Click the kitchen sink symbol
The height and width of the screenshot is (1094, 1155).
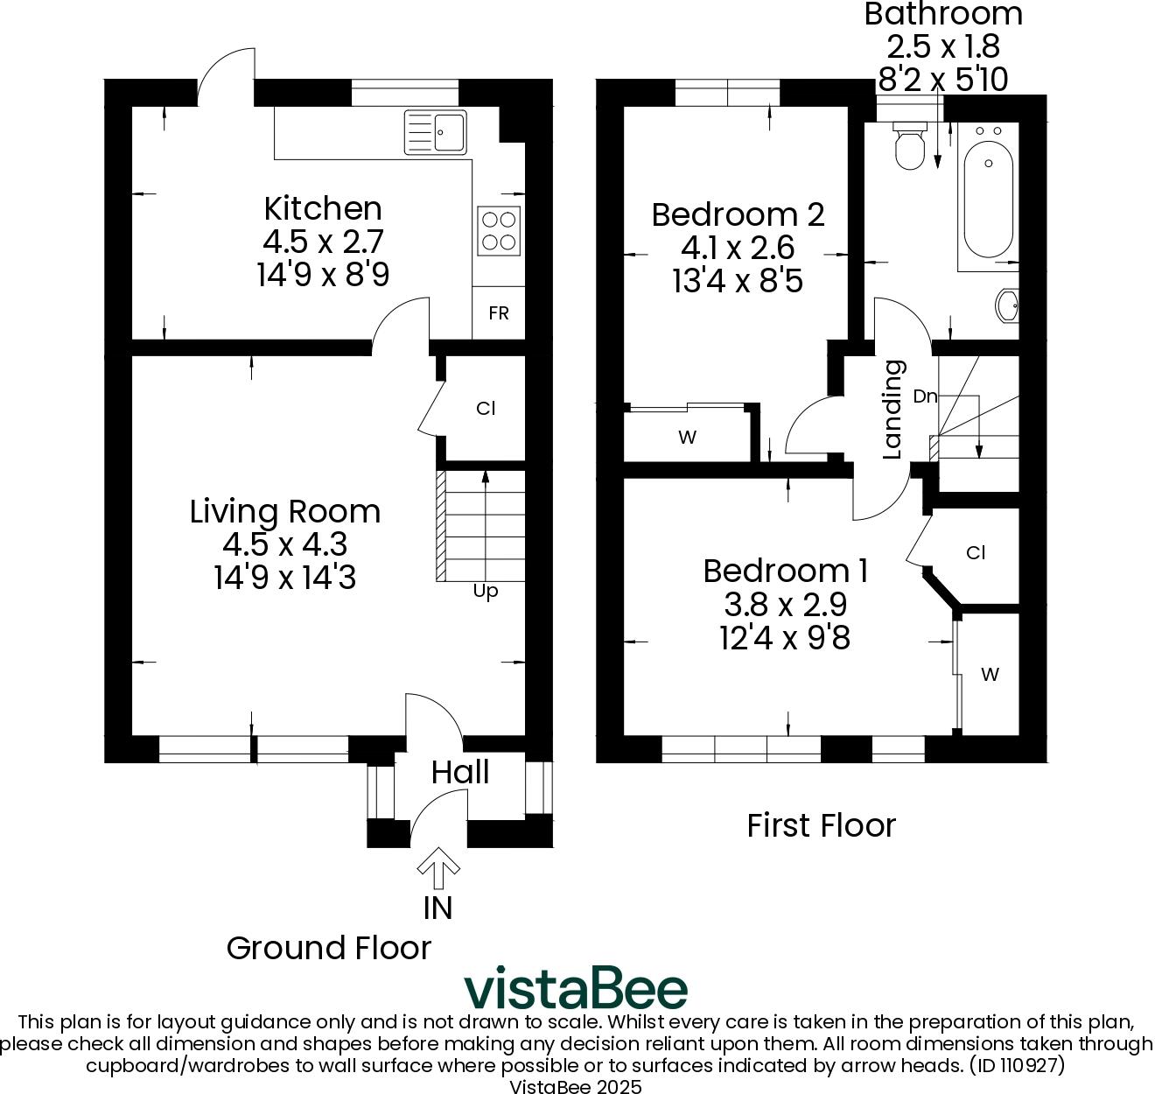435,132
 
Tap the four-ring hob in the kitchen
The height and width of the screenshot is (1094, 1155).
499,231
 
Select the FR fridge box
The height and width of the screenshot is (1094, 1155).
499,313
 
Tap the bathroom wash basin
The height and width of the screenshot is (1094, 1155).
1008,306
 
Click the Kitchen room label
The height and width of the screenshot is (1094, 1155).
323,208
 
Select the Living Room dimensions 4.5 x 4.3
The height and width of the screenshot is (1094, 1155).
285,544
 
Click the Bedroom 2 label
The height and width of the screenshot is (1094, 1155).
738,214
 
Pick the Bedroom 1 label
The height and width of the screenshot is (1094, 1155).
785,571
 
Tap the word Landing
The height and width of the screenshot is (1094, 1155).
892,410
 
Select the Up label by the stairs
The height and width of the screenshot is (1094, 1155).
486,591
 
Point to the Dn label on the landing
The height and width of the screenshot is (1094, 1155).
925,396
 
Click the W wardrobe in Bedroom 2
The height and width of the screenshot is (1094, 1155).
688,437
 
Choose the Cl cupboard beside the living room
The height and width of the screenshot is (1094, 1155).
486,408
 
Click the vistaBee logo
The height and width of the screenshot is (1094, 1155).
576,989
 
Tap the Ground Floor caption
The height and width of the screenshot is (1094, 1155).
329,948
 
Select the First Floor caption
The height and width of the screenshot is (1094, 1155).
821,825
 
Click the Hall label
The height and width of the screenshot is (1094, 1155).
460,772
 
